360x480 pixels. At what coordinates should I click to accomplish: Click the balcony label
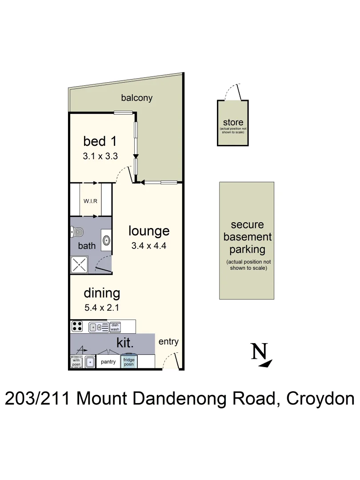[137, 98]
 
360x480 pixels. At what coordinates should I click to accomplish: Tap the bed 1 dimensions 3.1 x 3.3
[100, 156]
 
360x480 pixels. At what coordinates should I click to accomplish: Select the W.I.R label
[91, 200]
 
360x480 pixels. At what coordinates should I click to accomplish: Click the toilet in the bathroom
[77, 232]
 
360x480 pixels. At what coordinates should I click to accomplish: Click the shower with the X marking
[80, 265]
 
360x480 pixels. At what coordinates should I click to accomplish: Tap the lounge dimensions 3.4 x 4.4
[149, 246]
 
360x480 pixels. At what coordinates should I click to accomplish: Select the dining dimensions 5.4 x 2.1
[102, 307]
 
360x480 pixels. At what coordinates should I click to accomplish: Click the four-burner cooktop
[77, 327]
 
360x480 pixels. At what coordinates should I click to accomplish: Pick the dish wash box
[115, 327]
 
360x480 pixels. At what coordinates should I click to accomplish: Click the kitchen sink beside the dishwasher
[98, 328]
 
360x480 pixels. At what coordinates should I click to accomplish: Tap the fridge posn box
[129, 361]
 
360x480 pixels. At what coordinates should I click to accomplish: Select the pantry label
[108, 362]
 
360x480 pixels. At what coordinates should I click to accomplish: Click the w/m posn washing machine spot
[76, 362]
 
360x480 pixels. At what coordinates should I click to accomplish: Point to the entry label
[168, 341]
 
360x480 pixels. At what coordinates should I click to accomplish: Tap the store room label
[233, 123]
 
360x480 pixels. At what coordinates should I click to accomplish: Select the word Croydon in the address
[320, 398]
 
